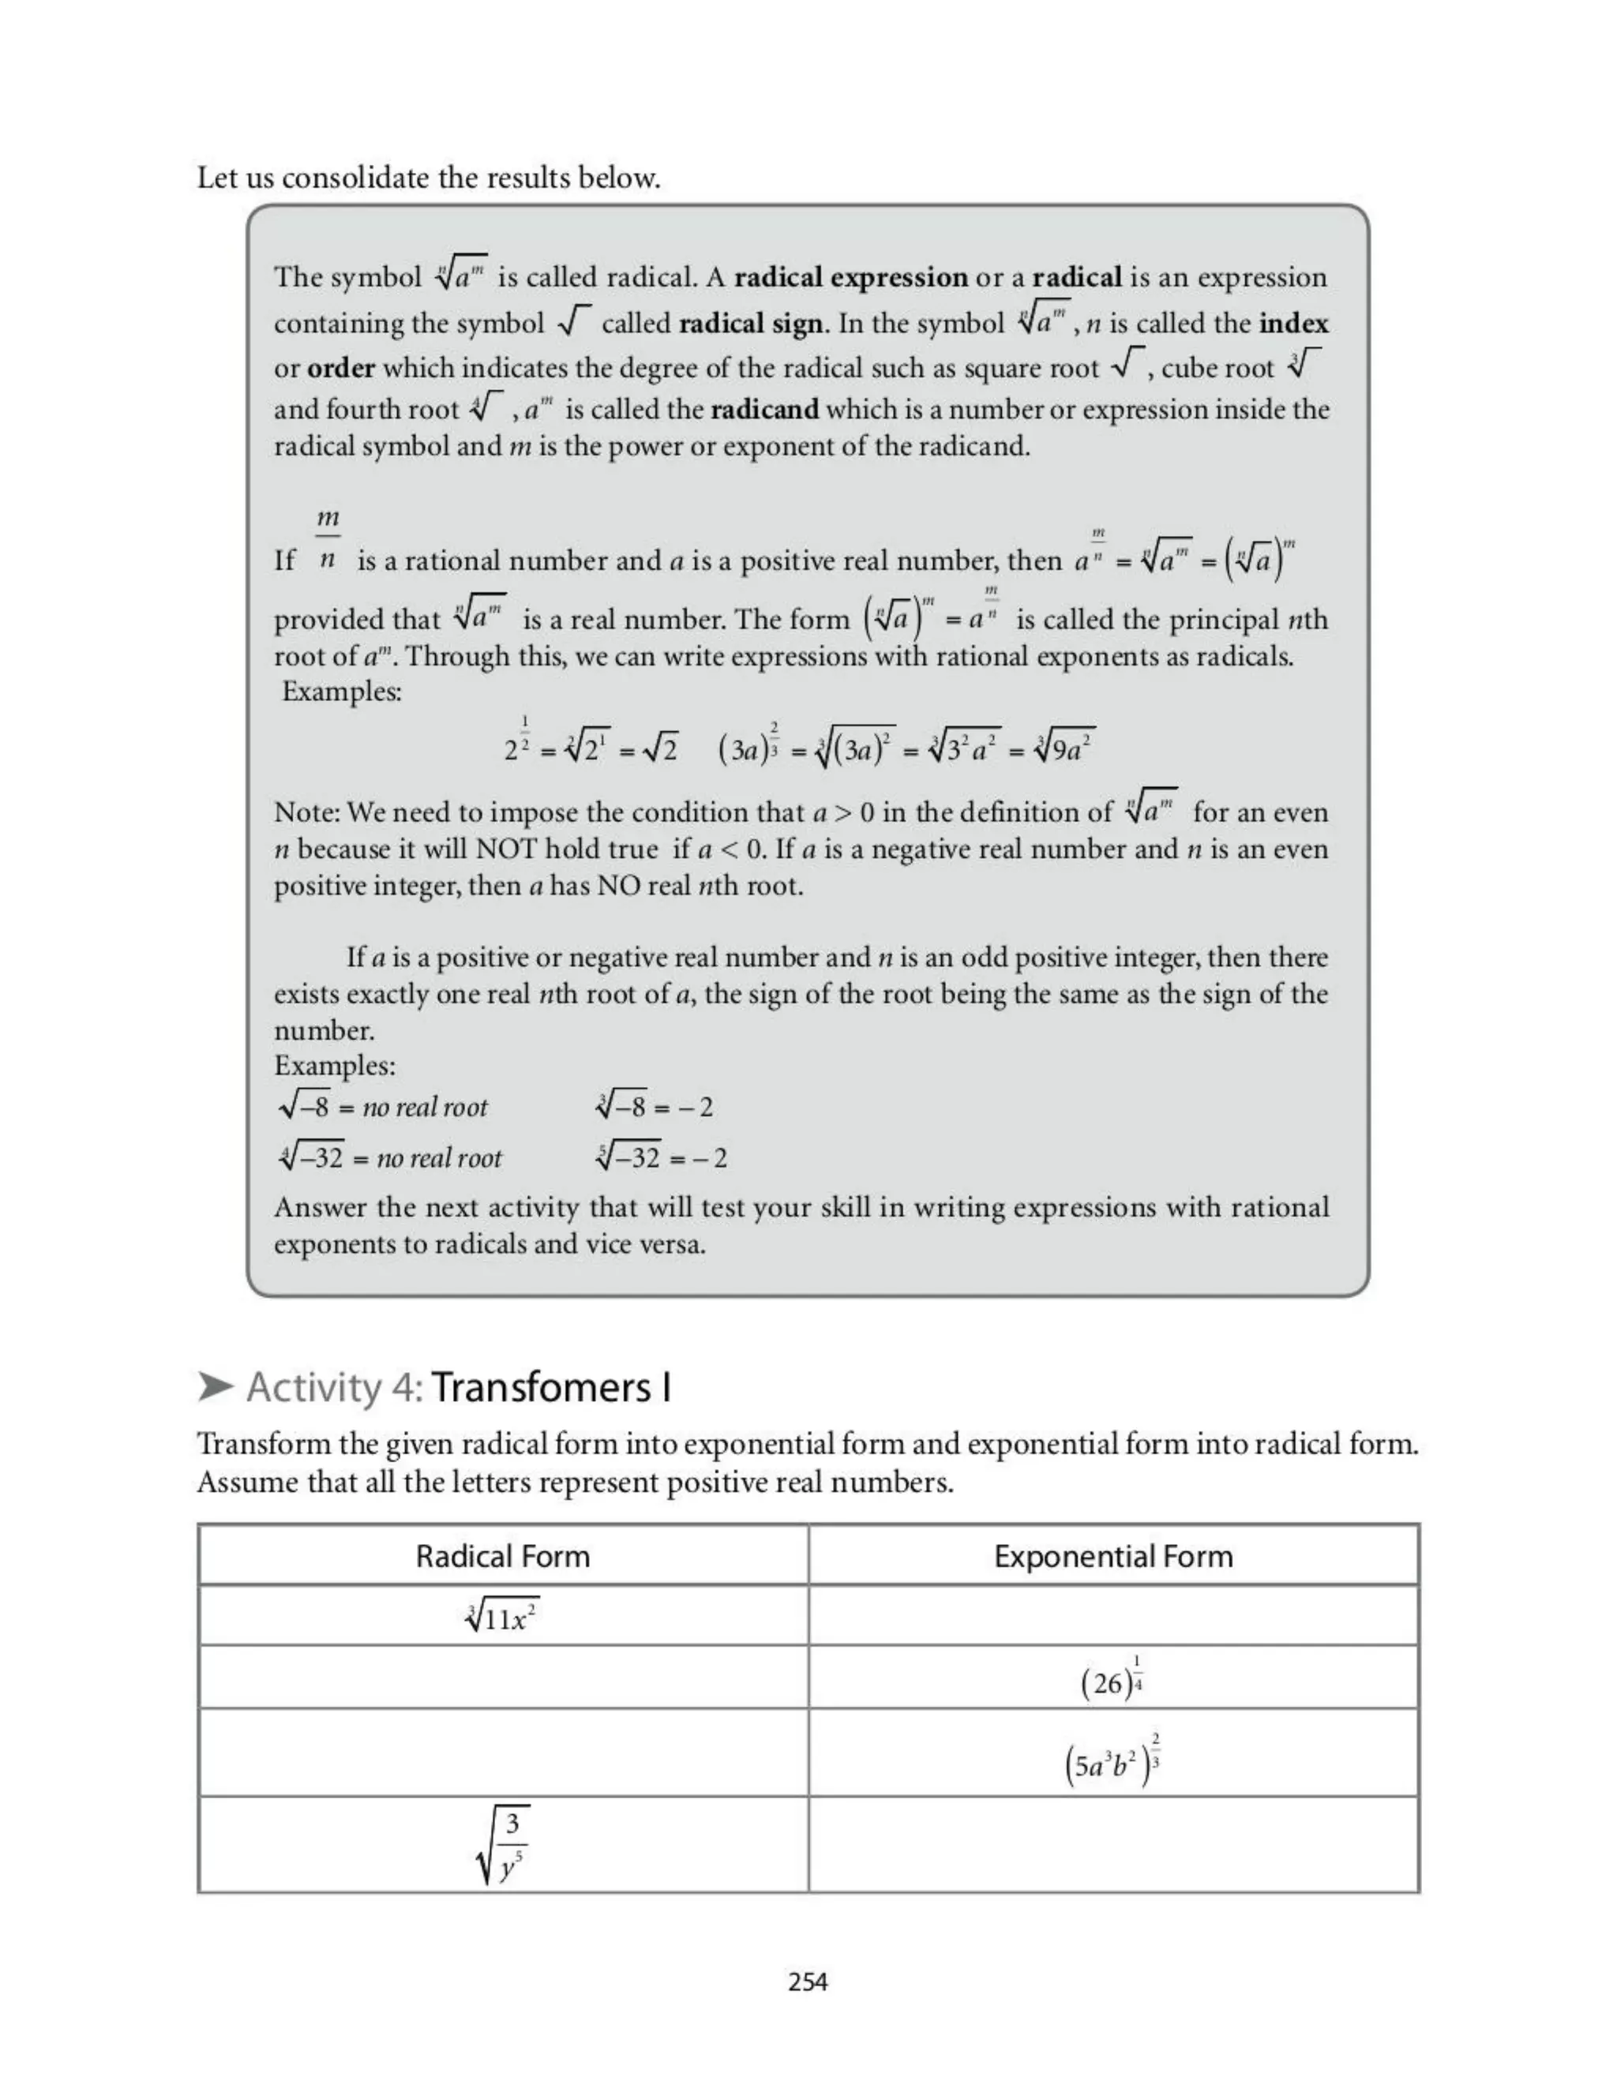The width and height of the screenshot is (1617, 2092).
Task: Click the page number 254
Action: (808, 1981)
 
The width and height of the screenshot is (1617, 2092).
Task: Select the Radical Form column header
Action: (502, 1557)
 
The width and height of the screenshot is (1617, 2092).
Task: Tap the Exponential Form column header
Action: (1113, 1557)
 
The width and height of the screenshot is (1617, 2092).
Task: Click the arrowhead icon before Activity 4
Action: (216, 1386)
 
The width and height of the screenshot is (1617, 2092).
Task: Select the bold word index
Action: (1293, 324)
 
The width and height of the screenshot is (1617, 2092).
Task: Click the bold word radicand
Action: (764, 410)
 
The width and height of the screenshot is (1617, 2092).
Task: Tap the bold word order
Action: (341, 369)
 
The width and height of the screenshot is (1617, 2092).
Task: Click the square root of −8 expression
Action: (305, 1108)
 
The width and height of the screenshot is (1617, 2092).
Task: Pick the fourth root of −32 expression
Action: (311, 1158)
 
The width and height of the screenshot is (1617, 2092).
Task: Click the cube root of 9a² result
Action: (1065, 748)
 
